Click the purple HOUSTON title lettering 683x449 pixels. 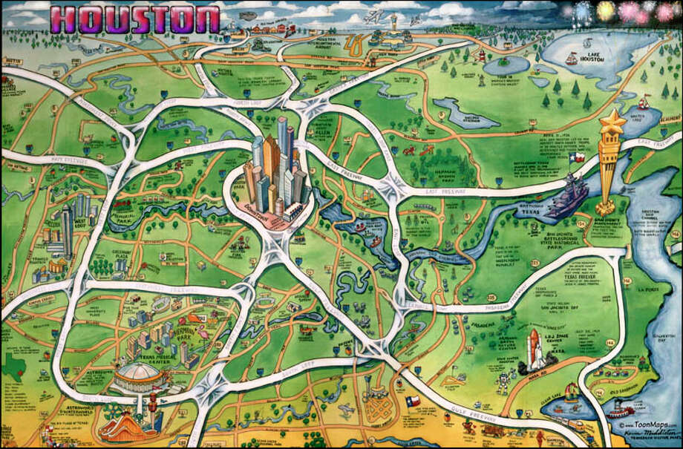click(x=137, y=20)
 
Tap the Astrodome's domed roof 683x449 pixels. click(x=141, y=369)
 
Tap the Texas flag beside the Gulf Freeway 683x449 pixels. click(x=414, y=402)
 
